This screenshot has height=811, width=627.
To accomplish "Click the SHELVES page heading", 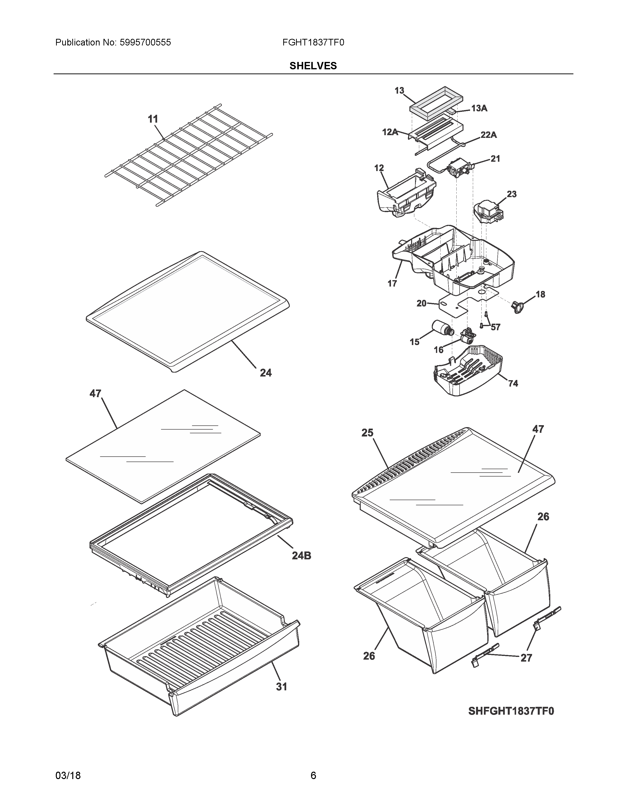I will pos(313,66).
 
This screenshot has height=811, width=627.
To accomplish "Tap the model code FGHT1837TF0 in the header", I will pos(313,42).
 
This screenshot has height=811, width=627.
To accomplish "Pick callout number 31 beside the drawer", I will pos(282,687).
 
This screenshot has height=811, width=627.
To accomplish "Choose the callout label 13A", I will pos(479,108).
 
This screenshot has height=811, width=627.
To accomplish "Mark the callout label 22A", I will pos(489,135).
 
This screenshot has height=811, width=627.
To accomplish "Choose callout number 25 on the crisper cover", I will pos(367,433).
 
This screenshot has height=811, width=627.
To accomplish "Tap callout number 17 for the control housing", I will pos(392,283).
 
